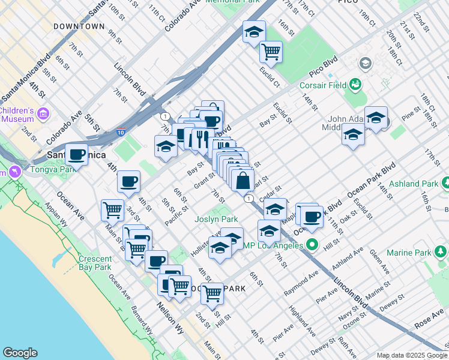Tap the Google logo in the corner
coord(20,353)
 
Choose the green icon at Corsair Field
coord(355,83)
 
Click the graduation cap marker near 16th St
coord(254,31)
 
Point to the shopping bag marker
coord(242,181)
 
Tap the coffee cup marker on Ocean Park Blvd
coord(310,216)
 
